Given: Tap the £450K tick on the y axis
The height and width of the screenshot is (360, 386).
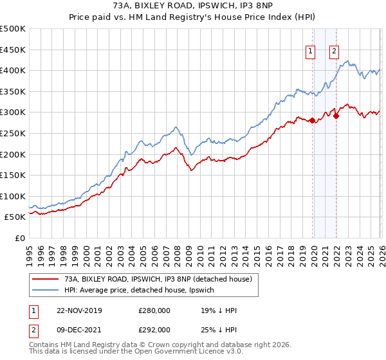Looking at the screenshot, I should (13, 50).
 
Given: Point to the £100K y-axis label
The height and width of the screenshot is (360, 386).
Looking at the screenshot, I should (13, 196).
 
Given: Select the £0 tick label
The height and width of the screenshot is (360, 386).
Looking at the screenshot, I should (20, 238).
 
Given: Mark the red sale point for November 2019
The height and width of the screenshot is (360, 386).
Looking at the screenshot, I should (312, 120).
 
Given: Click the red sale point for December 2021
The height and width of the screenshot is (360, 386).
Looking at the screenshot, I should (336, 116).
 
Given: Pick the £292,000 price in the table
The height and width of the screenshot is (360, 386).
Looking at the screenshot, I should (154, 330).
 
